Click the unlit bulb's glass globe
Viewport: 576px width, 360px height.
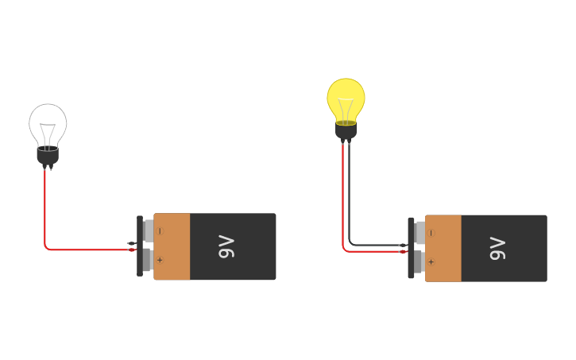click(x=48, y=121)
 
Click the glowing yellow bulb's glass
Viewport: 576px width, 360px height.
click(x=346, y=95)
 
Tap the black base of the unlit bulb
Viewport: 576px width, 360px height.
click(x=48, y=156)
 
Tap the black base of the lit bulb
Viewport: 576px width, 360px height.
click(x=346, y=131)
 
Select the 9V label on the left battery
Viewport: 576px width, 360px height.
click(x=226, y=246)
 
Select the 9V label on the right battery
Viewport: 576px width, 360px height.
click(x=497, y=248)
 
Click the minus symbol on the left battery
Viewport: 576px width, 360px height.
click(x=160, y=231)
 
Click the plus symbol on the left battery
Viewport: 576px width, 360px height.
click(x=160, y=260)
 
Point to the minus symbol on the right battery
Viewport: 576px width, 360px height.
click(x=431, y=233)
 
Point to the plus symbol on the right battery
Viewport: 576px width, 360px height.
click(x=431, y=261)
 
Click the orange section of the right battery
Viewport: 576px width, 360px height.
click(x=444, y=248)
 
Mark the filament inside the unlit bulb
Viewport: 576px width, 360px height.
click(x=48, y=132)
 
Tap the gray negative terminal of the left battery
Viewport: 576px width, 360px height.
click(x=149, y=231)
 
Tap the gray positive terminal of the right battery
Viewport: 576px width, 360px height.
click(x=419, y=261)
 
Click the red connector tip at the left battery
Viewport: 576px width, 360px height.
click(x=132, y=250)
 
